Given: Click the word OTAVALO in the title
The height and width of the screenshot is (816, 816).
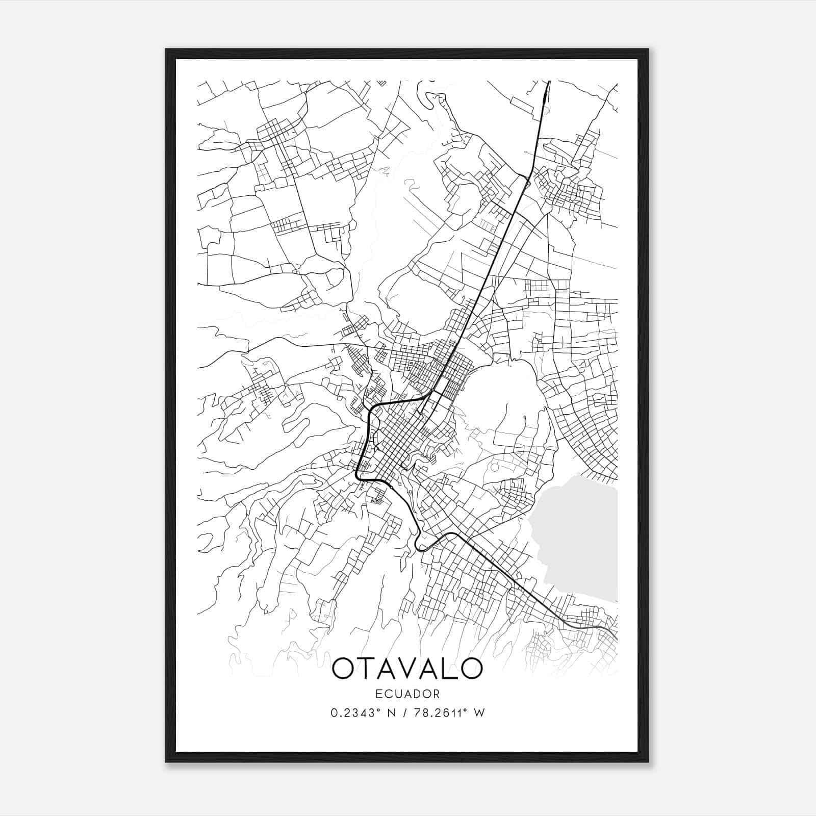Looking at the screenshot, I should click(x=407, y=668).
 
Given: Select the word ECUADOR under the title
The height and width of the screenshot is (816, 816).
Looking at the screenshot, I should click(x=407, y=694).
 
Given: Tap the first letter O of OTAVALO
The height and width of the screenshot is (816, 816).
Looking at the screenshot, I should click(x=344, y=668).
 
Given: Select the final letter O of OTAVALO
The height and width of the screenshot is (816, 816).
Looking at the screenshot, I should click(x=470, y=668).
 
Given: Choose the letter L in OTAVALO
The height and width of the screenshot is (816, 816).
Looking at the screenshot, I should click(x=447, y=668).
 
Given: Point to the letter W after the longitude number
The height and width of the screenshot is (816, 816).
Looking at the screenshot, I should click(x=479, y=713).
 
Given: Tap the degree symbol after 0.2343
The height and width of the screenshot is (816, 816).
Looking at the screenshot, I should click(x=380, y=710).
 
